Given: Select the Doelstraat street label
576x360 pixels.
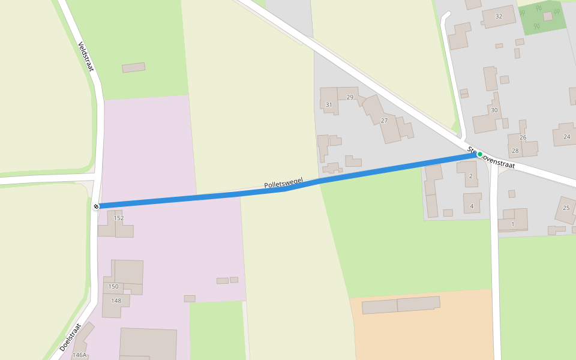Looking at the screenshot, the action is tap(70, 337).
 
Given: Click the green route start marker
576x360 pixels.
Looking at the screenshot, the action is tap(479, 154).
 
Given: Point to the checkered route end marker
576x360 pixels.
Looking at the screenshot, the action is tap(96, 206).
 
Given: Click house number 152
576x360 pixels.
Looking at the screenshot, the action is tap(119, 218).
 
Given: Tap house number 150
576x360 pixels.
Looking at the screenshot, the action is tap(113, 286).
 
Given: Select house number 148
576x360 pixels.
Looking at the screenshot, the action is tap(116, 301).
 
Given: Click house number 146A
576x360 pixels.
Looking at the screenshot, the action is tap(79, 355).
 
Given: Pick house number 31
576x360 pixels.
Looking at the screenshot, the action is tap(328, 105).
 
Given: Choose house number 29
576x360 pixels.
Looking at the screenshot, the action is tap(350, 97).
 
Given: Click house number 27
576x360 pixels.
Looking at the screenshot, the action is tap(384, 121).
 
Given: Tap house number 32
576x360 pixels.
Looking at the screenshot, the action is tap(499, 16).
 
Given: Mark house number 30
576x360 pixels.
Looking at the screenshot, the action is tap(494, 110).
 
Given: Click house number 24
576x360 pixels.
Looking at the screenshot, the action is tap(566, 137).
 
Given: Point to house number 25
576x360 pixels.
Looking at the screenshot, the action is tap(566, 208).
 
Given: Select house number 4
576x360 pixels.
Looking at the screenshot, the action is tap(472, 206).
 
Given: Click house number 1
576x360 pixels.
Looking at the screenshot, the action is tap(512, 224).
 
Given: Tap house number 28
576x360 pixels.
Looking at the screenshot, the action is tap(515, 151).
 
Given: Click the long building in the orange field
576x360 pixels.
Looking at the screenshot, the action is tap(400, 305).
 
